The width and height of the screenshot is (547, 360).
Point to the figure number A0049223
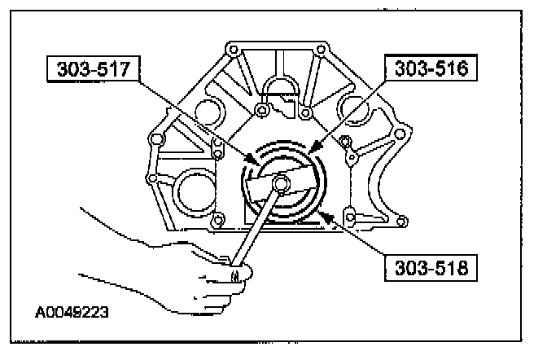[x=71, y=311]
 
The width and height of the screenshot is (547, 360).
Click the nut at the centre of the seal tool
[x=279, y=185]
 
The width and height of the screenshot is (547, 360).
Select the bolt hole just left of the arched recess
[x=260, y=108]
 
